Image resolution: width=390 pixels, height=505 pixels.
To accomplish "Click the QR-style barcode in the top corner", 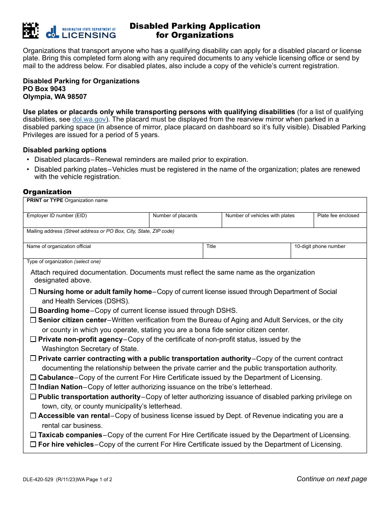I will click(30, 31).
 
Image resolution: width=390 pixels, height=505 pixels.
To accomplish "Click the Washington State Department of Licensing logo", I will click(81, 32).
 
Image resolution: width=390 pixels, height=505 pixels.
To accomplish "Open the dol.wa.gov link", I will click(89, 119).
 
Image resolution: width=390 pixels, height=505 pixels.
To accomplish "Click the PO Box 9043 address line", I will click(44, 89).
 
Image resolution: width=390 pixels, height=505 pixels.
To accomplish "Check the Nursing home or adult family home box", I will click(33, 292).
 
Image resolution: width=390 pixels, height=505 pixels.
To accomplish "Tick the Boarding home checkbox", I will click(33, 311).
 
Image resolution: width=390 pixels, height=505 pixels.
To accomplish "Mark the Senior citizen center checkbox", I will click(33, 320).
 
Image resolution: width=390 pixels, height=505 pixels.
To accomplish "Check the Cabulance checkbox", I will click(33, 378).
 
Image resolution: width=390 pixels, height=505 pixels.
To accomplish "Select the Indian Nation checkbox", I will click(33, 387).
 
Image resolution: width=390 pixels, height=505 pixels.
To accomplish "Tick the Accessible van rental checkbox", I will click(33, 416).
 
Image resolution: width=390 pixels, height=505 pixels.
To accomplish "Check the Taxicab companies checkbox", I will click(33, 435).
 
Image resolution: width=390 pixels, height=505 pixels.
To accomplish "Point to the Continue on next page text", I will click(332, 479).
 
